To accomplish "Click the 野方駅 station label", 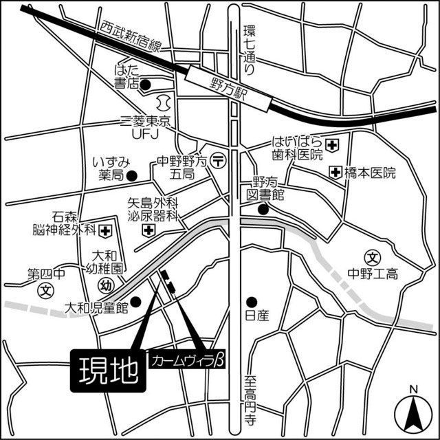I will (x=229, y=89).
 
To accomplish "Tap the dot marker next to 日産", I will (x=252, y=300).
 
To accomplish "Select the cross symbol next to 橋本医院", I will (x=335, y=172).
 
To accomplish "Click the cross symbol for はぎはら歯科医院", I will (x=332, y=144).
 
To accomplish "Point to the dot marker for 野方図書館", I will (x=262, y=210).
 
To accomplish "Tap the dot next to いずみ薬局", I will (x=135, y=175).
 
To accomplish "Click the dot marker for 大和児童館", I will (x=136, y=300).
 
